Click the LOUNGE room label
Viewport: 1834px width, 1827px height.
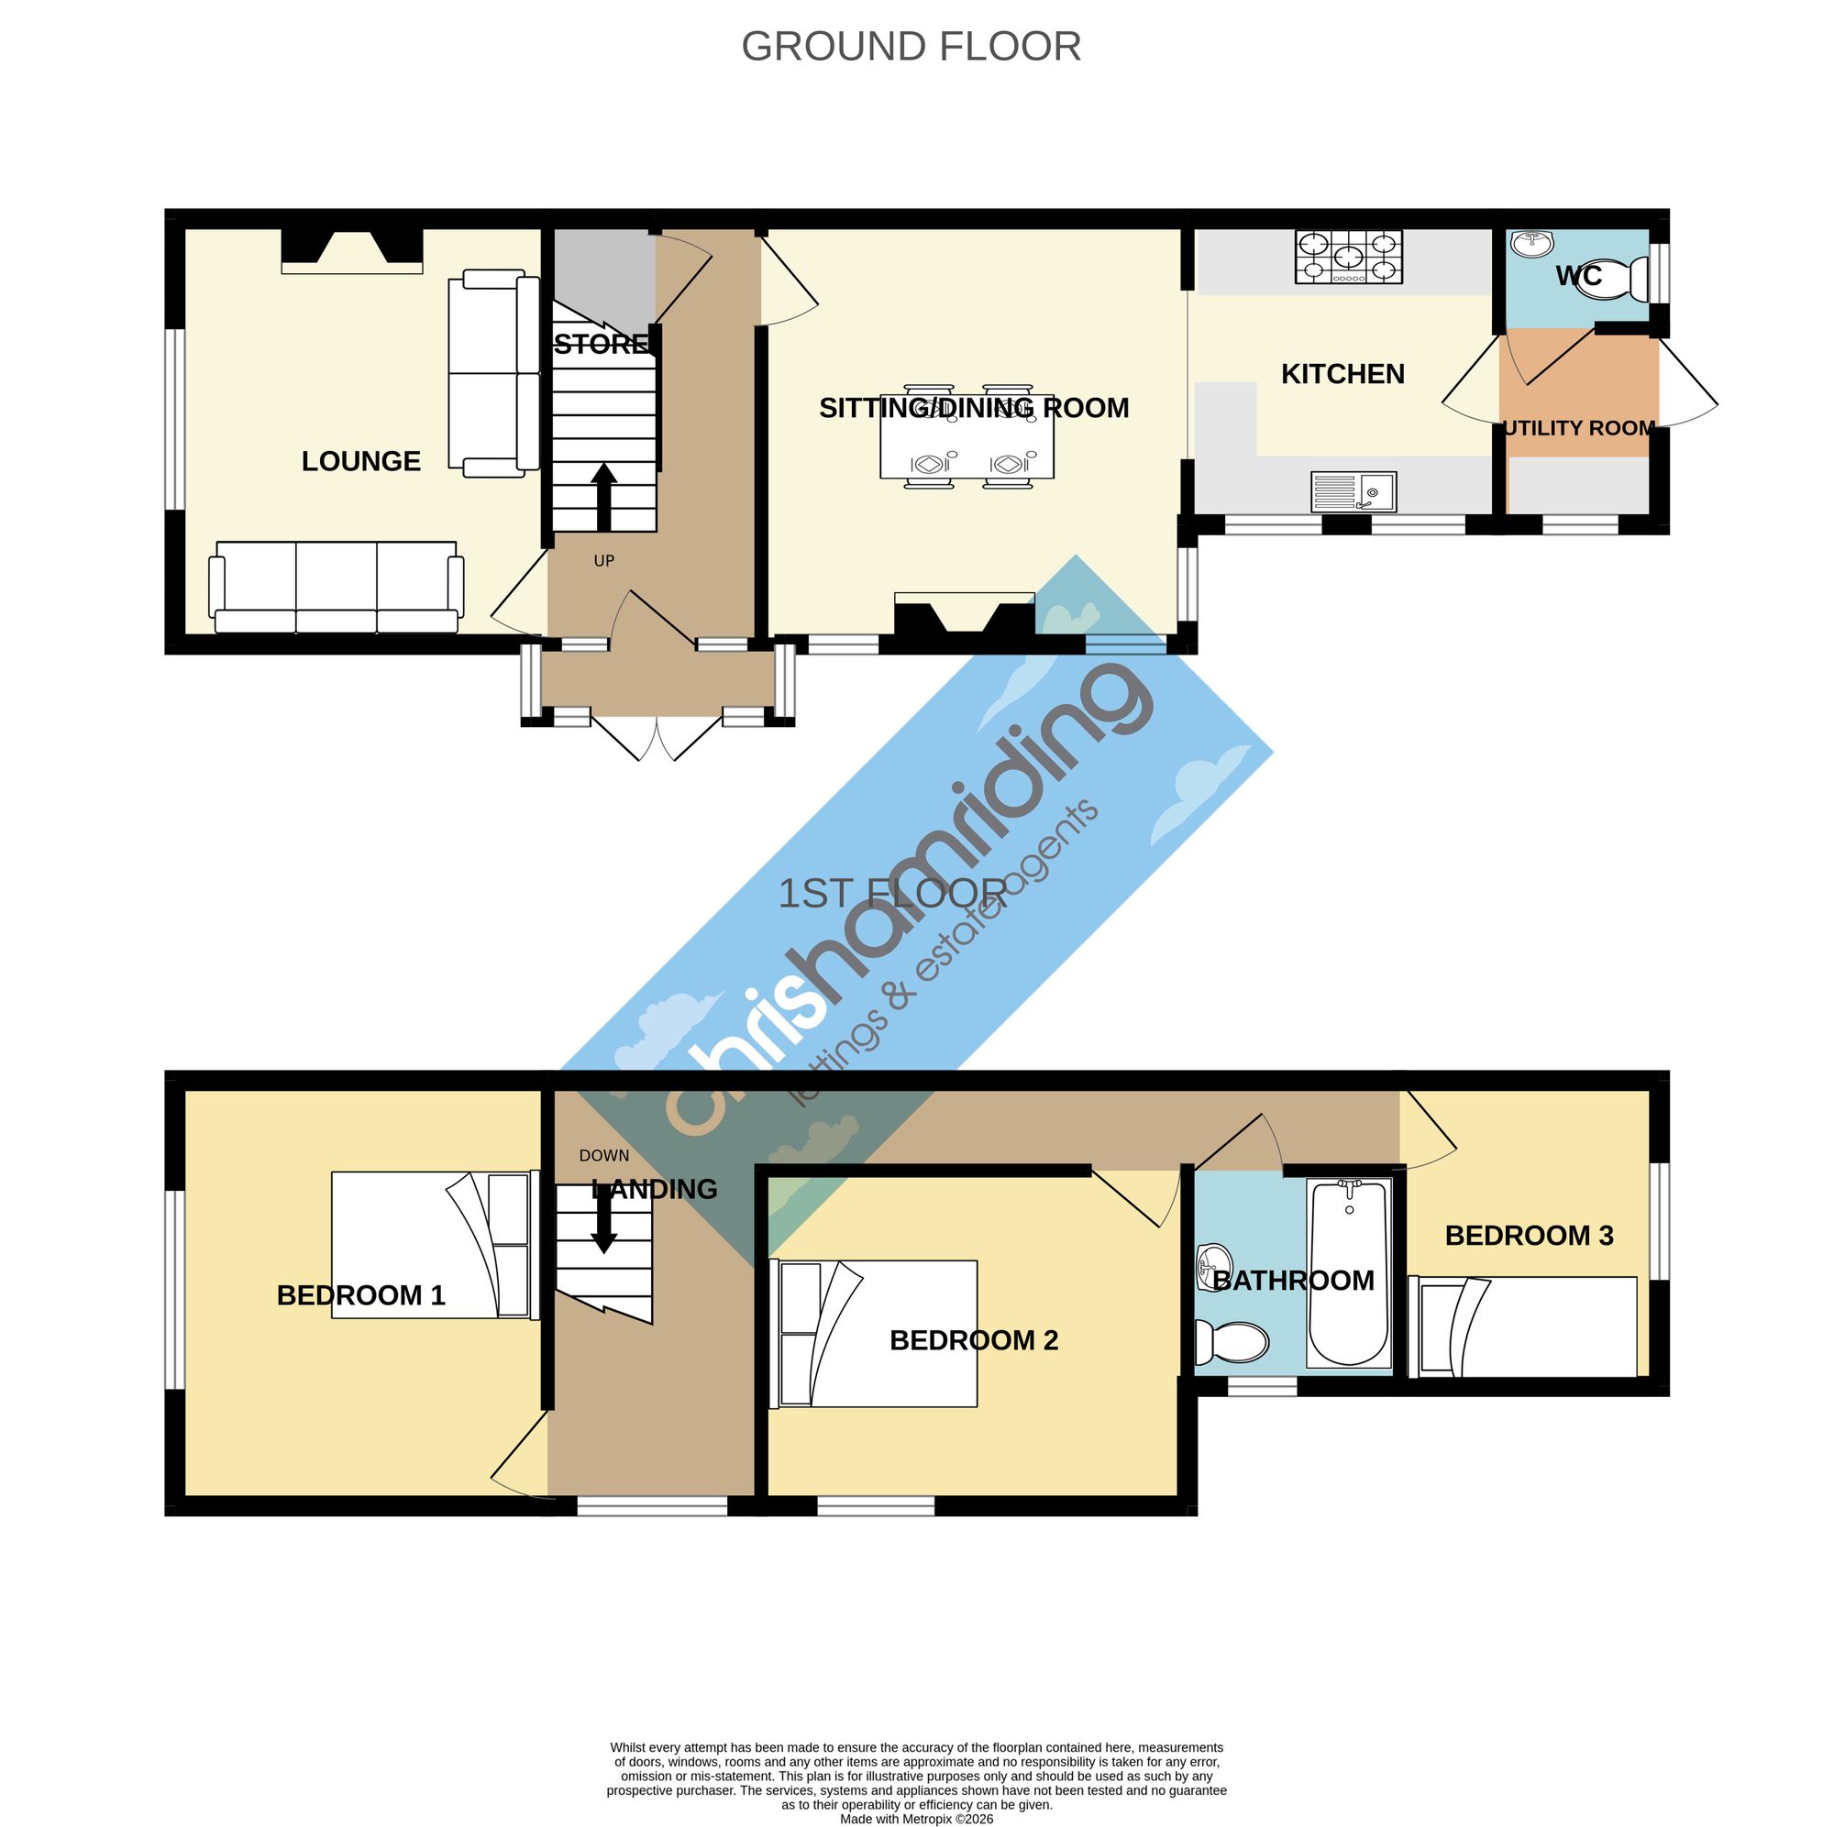tap(360, 461)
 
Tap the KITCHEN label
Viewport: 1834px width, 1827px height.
tap(1342, 374)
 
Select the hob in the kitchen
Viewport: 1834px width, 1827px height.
tap(1348, 257)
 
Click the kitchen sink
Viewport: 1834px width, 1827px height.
tap(1353, 491)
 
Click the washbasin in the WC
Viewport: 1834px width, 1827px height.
tap(1531, 244)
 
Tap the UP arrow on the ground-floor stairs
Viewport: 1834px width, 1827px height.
tap(603, 496)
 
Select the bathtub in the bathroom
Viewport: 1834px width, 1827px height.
tap(1348, 1272)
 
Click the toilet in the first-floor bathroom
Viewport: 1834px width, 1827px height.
tap(1232, 1343)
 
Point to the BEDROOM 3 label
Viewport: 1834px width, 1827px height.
tap(1530, 1236)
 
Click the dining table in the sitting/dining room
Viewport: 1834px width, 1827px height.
tap(967, 436)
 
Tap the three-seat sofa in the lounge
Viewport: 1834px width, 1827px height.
tap(336, 588)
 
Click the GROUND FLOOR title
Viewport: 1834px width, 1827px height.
tap(911, 47)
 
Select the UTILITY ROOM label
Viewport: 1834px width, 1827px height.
tap(1579, 428)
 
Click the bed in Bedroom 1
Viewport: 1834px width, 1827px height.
tap(435, 1245)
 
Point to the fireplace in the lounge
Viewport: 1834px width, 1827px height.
tap(352, 251)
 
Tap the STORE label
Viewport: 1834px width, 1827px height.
tap(602, 345)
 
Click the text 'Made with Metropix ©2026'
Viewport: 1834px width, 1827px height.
tap(916, 1819)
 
